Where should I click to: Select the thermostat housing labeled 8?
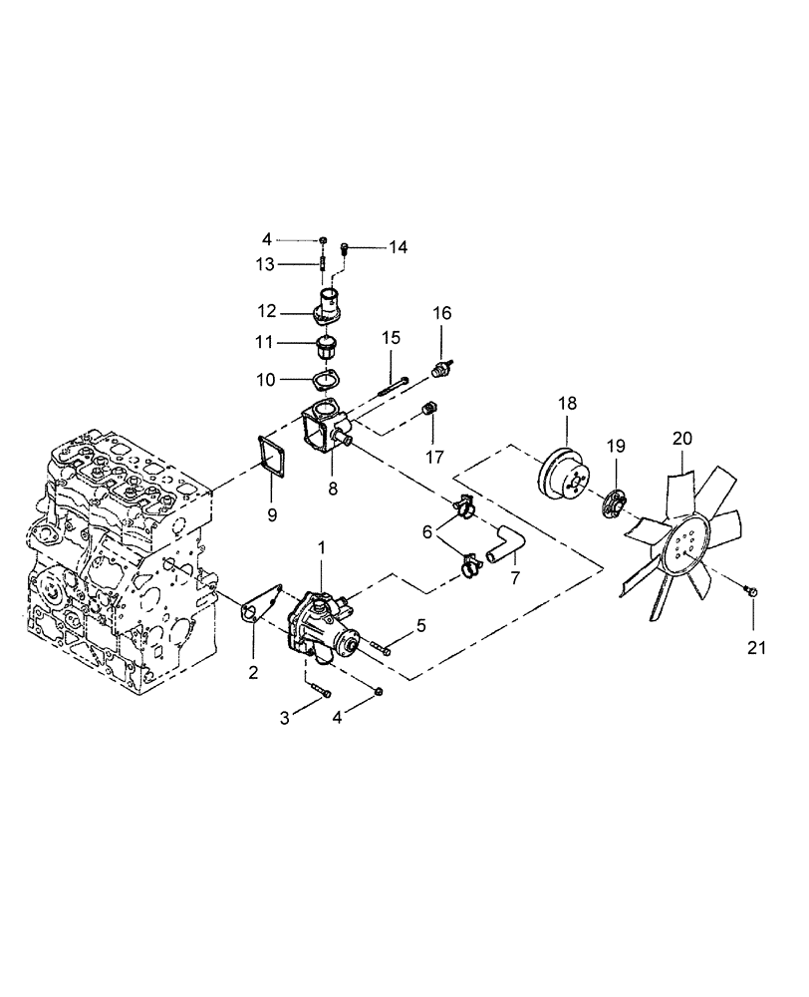pos(322,433)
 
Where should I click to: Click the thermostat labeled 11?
pos(324,349)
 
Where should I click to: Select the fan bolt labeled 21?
pos(751,592)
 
